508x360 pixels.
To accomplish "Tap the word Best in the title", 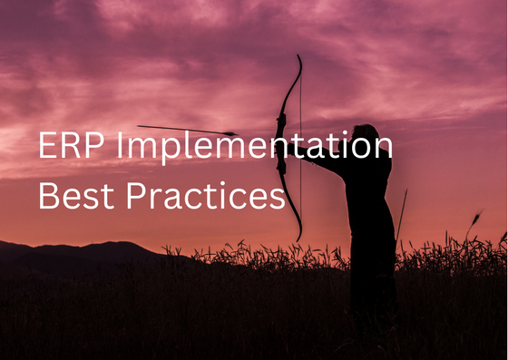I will [72, 195].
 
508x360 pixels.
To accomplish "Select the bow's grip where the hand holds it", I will [282, 145].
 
